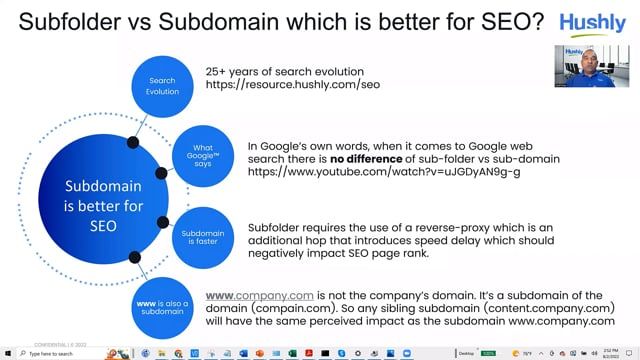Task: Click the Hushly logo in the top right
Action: pyautogui.click(x=594, y=23)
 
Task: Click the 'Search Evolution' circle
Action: pyautogui.click(x=162, y=86)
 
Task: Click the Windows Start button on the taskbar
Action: pyautogui.click(x=6, y=354)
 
